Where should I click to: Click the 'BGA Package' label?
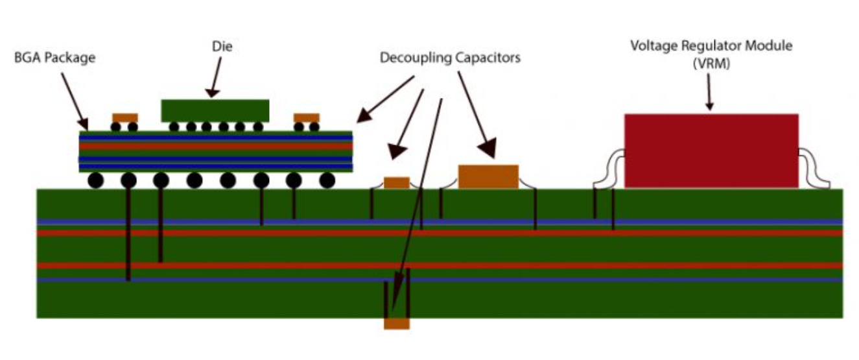click(54, 58)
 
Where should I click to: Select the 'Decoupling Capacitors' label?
click(450, 58)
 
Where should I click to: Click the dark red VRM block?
click(711, 150)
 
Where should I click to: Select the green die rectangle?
click(215, 110)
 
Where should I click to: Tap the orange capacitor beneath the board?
click(397, 323)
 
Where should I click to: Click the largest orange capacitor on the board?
click(488, 176)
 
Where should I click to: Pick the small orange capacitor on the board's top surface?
click(397, 182)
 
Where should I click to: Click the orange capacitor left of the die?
click(124, 117)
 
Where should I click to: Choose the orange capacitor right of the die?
click(306, 117)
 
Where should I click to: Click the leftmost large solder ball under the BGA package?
click(97, 180)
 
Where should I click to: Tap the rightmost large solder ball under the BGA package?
click(327, 180)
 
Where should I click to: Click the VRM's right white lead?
click(814, 170)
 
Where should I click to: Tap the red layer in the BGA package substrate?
click(215, 146)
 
